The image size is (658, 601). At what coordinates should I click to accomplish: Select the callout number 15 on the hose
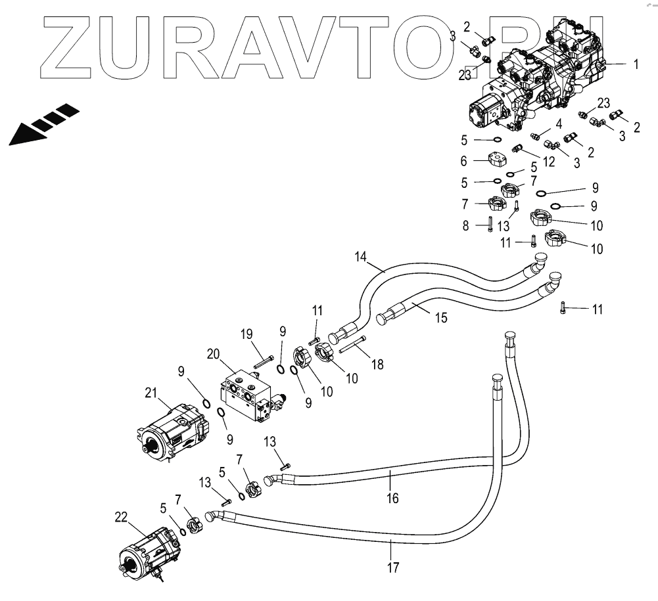[440, 318]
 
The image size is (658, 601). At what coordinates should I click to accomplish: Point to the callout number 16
[392, 498]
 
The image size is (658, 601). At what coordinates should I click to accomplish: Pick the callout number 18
[377, 363]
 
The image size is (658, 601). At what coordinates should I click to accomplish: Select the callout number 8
[466, 225]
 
